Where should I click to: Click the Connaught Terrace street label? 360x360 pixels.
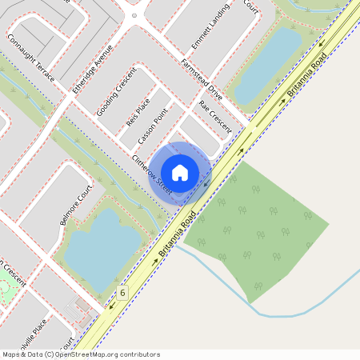click(31, 58)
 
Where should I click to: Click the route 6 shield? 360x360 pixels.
click(122, 294)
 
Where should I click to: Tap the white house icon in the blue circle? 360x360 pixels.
click(180, 172)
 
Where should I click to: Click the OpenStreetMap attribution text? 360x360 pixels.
click(81, 354)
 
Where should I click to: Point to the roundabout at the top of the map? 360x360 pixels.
click(134, 13)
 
